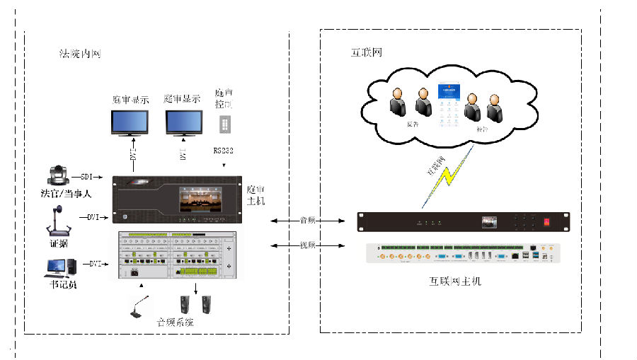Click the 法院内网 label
coord(80,54)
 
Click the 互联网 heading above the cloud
coord(367,52)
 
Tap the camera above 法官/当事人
coord(56,175)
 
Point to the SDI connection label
coord(87,176)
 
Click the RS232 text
coord(224,151)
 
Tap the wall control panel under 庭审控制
coord(224,124)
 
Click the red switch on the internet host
coord(546,221)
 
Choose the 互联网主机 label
coord(454,281)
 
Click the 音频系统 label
coord(174,322)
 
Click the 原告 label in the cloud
coord(413,122)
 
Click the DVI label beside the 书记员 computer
coord(96,263)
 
